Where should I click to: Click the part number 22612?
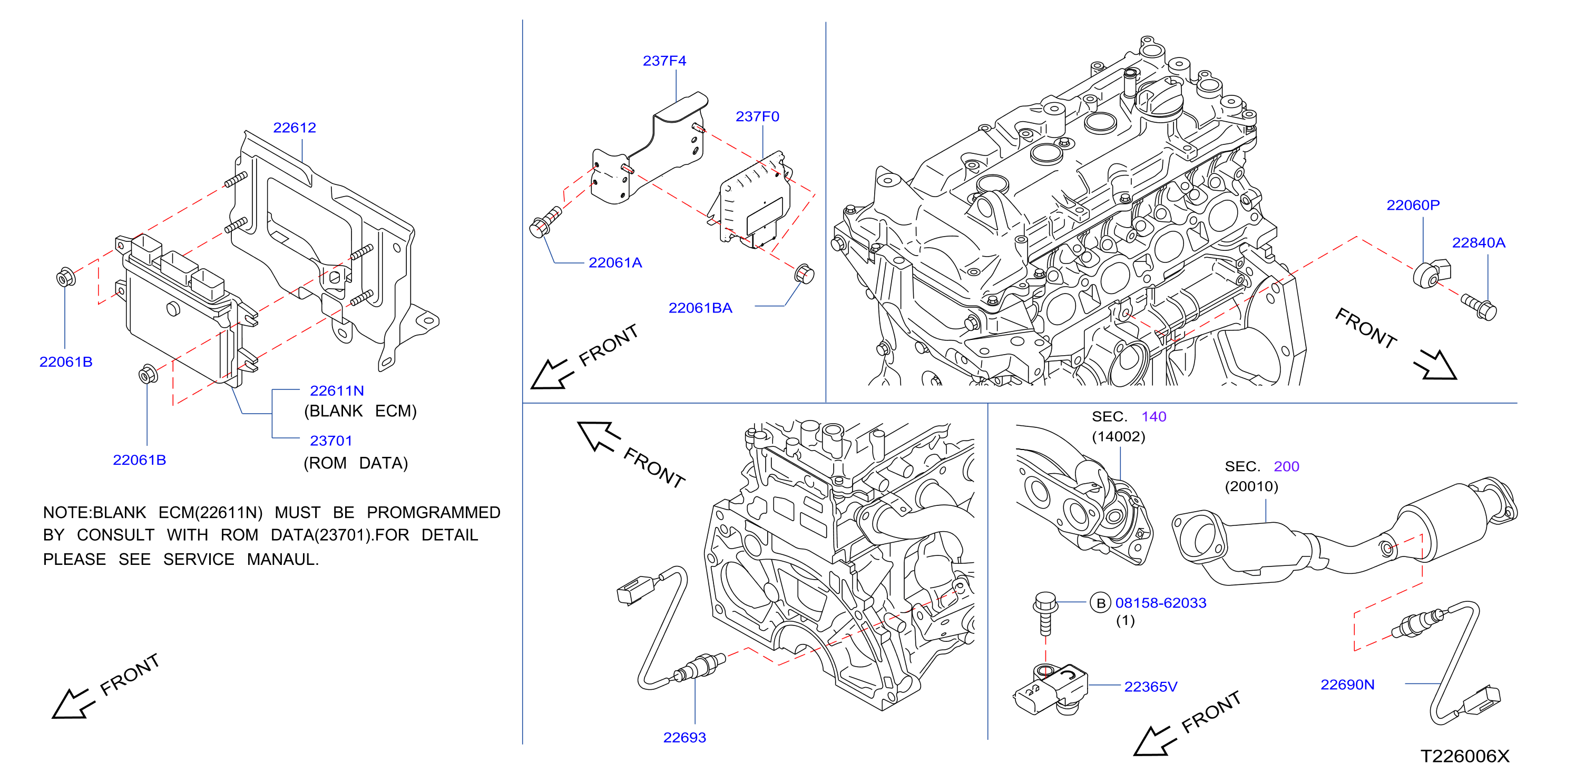click(x=294, y=128)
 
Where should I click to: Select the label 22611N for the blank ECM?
click(x=337, y=390)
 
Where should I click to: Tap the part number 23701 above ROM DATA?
click(x=331, y=441)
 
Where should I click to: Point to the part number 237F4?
click(x=664, y=61)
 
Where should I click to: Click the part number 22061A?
click(x=615, y=263)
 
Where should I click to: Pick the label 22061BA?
click(x=700, y=308)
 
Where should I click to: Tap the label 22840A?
click(x=1479, y=243)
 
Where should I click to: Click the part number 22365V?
click(x=1150, y=687)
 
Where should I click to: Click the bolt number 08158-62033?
click(x=1160, y=603)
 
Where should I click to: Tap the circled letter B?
click(x=1101, y=603)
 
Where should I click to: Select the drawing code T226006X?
click(x=1464, y=757)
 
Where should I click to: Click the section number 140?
click(x=1154, y=417)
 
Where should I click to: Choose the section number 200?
click(x=1286, y=466)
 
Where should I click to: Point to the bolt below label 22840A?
click(x=1479, y=307)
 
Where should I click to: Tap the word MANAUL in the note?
click(x=282, y=560)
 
